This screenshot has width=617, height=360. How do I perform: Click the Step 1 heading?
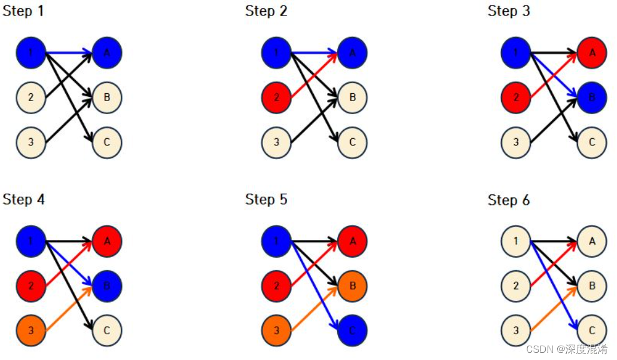point(23,11)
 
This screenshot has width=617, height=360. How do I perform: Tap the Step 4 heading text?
point(23,199)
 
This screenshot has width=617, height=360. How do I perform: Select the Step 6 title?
point(509,200)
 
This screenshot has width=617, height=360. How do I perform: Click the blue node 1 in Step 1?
point(30,53)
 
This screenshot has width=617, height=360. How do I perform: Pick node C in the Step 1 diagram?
point(107,143)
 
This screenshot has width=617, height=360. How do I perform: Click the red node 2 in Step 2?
point(276,97)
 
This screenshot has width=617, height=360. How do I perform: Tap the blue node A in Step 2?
point(352,53)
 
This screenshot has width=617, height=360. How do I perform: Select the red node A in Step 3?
point(592,53)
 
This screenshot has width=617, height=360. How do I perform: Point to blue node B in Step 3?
point(592,97)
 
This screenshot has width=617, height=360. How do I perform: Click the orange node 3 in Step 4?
point(30,330)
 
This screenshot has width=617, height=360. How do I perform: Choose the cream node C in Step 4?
point(107,330)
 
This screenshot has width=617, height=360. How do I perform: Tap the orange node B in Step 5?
point(352,286)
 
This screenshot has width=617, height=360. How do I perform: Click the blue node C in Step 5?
point(352,330)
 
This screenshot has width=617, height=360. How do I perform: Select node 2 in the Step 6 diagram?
point(516,286)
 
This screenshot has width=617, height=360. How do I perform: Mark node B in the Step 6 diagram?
point(592,286)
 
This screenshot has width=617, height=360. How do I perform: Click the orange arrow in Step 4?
point(68,309)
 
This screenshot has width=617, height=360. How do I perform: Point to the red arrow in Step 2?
point(314,75)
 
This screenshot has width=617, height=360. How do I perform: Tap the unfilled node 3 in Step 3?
point(516,143)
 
